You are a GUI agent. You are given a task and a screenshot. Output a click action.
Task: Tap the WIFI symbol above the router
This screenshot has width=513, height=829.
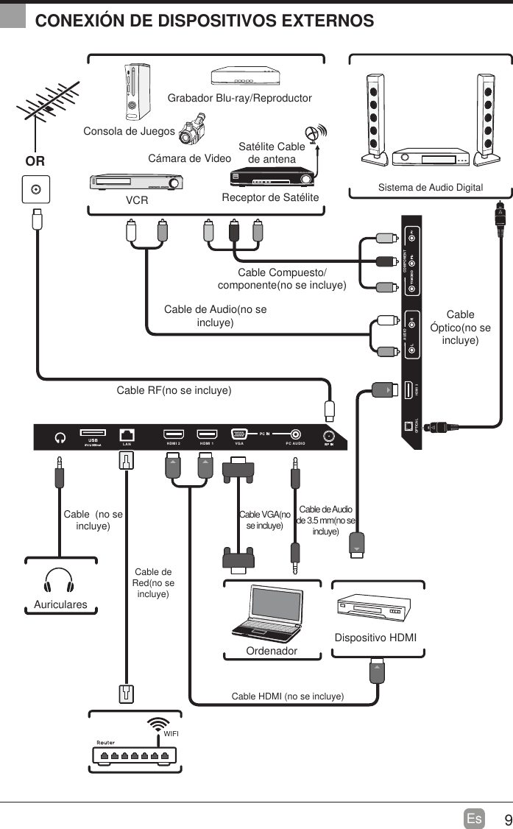point(157,724)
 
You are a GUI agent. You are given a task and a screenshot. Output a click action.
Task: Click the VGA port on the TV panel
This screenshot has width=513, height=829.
point(238,435)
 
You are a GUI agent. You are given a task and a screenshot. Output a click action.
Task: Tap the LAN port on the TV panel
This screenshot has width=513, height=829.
point(127,434)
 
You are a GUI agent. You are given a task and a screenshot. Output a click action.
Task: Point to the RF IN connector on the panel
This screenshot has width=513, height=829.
point(329,435)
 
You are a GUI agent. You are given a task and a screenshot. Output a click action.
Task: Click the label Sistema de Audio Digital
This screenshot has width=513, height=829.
point(431,188)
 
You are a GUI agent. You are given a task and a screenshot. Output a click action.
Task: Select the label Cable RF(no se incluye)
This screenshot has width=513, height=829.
point(174,390)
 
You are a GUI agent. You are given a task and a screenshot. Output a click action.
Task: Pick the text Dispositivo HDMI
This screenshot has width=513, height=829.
point(375,637)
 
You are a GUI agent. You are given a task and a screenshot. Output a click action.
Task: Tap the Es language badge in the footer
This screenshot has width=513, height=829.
point(474,819)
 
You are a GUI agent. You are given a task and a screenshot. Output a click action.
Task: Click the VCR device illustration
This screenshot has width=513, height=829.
point(136,182)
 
